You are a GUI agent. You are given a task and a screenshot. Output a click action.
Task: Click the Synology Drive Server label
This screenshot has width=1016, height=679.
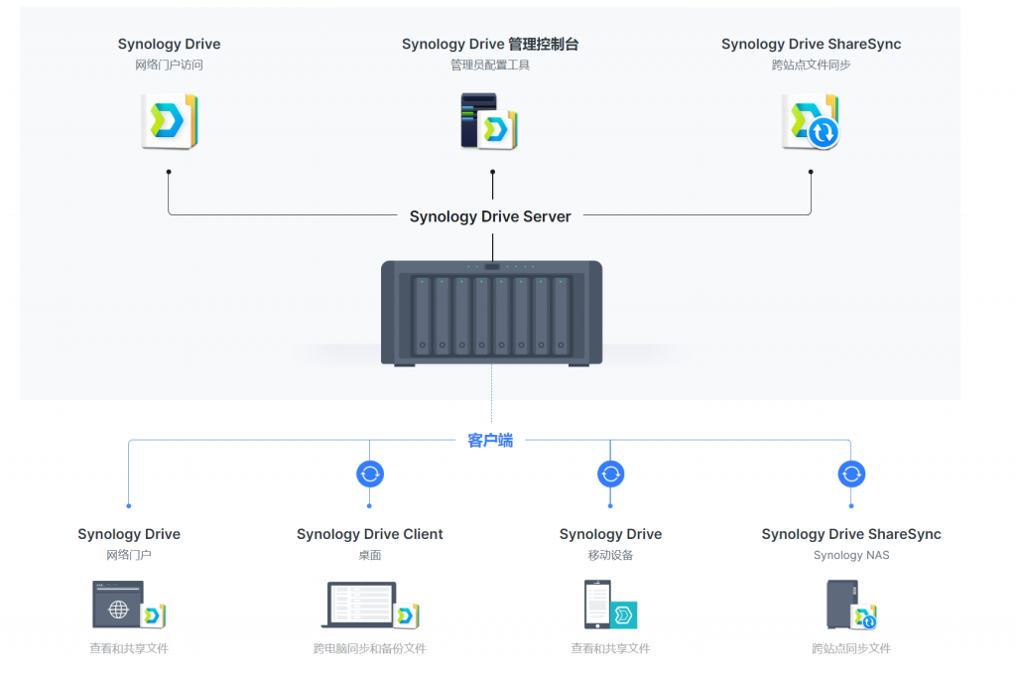490,216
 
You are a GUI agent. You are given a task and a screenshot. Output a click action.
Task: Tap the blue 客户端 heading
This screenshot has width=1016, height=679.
490,440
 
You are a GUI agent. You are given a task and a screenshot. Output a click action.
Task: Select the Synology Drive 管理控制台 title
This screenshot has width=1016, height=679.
490,44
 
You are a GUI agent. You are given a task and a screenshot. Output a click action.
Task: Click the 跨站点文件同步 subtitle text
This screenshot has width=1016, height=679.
811,65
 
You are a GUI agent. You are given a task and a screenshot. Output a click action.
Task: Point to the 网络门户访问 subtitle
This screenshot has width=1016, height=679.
169,65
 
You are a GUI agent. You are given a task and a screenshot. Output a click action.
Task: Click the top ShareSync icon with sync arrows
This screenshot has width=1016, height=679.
810,122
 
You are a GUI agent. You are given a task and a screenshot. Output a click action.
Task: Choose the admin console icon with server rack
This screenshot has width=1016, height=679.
489,121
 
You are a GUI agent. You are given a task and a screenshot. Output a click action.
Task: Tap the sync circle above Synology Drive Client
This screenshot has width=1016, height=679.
370,474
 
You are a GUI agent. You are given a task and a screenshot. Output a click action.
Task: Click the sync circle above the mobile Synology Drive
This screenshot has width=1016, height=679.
610,474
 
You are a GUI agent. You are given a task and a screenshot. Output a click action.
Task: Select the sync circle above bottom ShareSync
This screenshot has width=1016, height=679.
851,474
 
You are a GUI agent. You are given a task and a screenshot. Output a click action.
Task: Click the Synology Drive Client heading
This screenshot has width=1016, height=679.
370,534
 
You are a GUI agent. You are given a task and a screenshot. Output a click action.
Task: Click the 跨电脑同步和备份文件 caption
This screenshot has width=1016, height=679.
370,648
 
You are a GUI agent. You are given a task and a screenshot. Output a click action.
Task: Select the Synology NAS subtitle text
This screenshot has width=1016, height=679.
851,555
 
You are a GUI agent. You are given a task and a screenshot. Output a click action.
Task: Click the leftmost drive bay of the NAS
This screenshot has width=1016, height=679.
423,316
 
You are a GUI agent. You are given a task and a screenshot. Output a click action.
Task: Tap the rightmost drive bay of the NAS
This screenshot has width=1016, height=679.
562,316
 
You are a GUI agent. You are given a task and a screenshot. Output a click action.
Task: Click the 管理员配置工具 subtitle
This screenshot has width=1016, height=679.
490,65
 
